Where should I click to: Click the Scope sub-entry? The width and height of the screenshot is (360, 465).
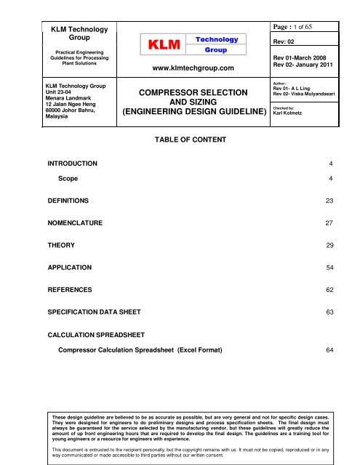click(x=64, y=178)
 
